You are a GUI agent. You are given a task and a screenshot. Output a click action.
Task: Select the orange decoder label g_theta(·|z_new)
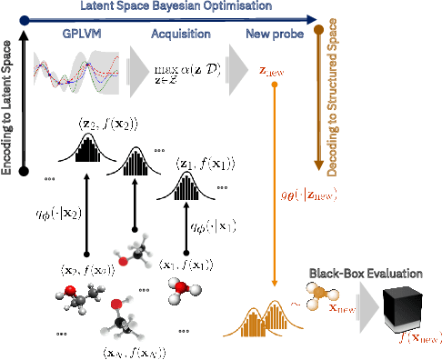click(314, 193)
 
